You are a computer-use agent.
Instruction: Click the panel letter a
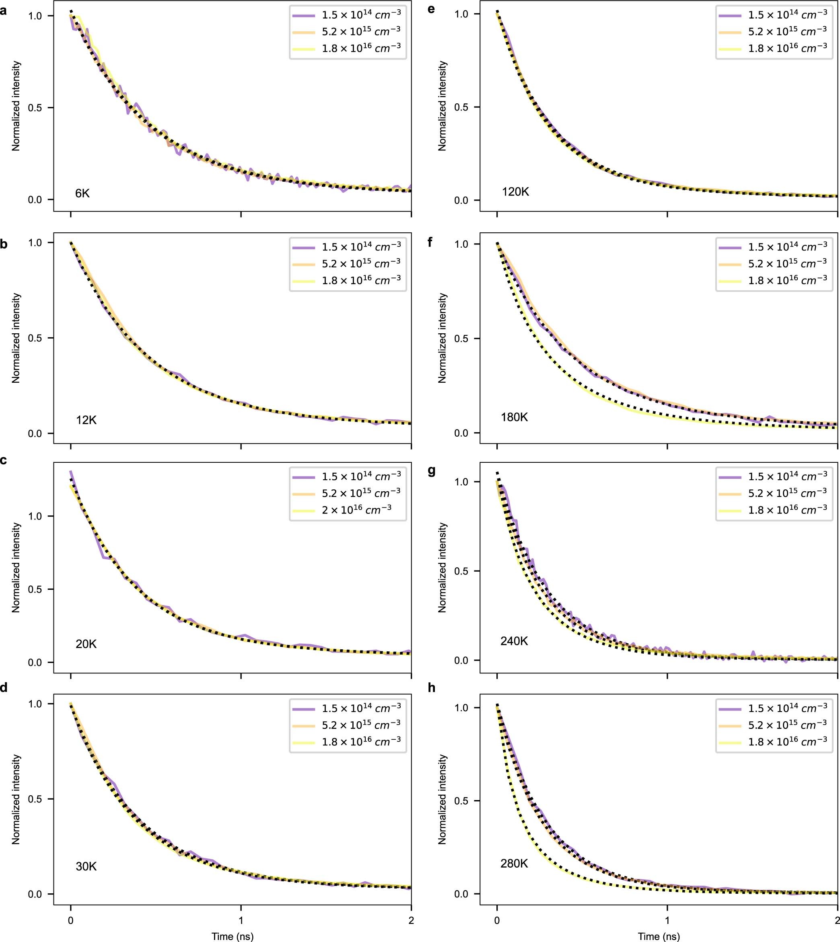pyautogui.click(x=4, y=10)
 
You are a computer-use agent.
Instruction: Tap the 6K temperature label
pyautogui.click(x=82, y=193)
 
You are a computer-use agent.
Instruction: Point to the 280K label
pyautogui.click(x=514, y=863)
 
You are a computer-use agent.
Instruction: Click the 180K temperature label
pyautogui.click(x=514, y=417)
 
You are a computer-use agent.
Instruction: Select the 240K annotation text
pyautogui.click(x=514, y=641)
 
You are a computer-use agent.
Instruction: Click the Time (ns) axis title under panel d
pyautogui.click(x=232, y=936)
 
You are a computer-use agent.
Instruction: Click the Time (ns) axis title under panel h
pyautogui.click(x=659, y=936)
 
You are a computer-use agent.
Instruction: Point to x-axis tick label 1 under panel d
pyautogui.click(x=241, y=920)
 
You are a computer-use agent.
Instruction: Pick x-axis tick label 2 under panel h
pyautogui.click(x=837, y=920)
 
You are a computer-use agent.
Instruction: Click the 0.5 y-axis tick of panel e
pyautogui.click(x=461, y=107)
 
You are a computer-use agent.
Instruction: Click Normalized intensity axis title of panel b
pyautogui.click(x=16, y=338)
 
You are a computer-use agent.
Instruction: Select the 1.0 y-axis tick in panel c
pyautogui.click(x=35, y=516)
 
